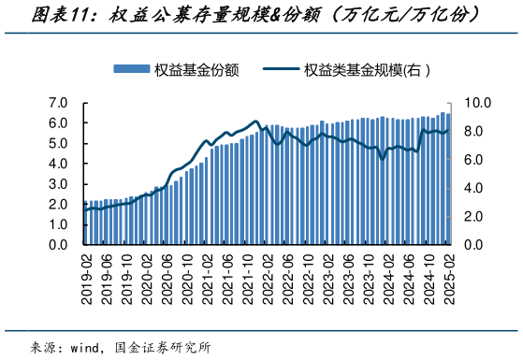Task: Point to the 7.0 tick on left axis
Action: (57, 102)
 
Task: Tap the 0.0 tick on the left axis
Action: (57, 245)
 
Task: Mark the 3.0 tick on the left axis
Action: (57, 183)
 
